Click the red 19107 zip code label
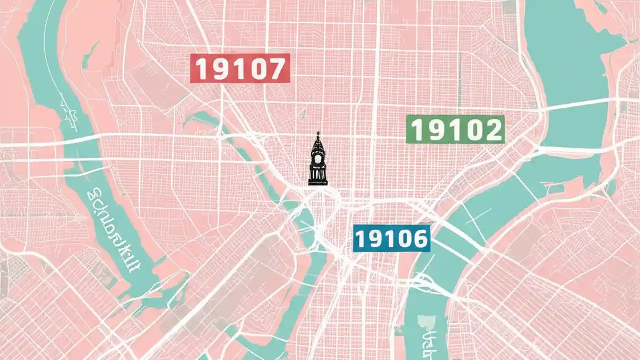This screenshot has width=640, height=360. (x=240, y=68)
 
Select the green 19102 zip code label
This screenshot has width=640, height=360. (x=455, y=129)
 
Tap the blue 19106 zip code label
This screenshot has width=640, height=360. (x=391, y=238)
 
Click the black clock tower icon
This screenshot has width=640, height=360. (x=318, y=160)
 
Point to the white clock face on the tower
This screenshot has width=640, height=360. (x=318, y=160)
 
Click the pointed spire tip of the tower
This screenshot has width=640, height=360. (x=318, y=133)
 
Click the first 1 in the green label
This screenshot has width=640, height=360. (x=418, y=130)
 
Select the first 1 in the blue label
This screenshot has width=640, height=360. (x=361, y=239)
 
